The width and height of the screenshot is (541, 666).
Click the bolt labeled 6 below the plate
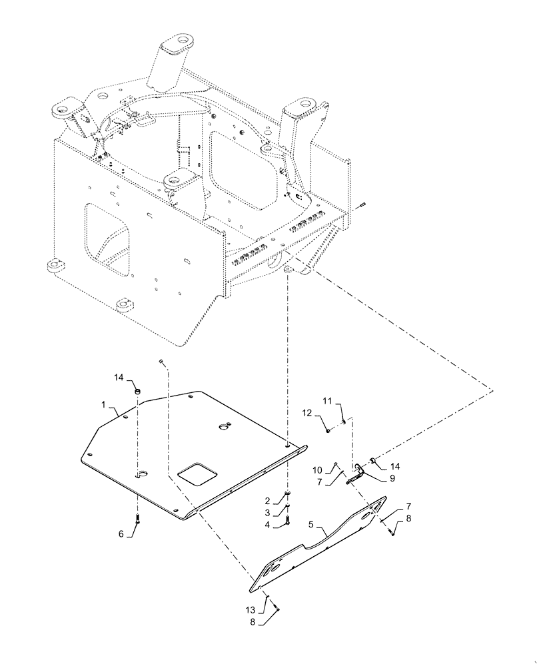click(137, 522)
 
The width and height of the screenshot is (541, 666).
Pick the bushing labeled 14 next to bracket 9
click(374, 460)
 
